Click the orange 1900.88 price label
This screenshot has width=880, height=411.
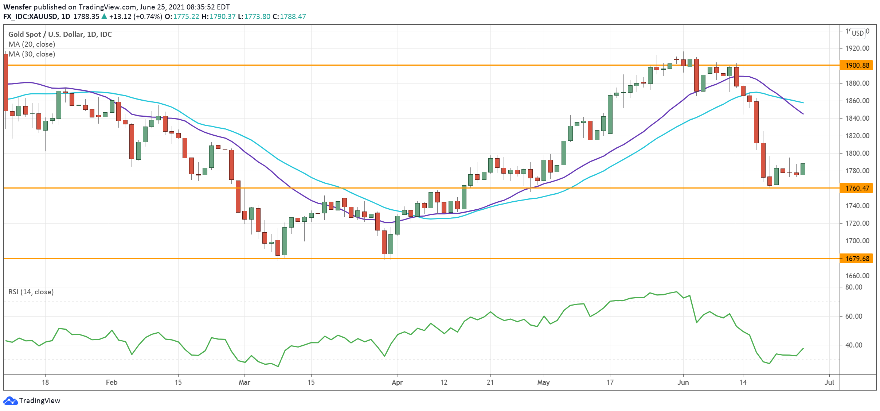(x=857, y=65)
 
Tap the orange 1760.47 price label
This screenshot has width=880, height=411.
(x=857, y=188)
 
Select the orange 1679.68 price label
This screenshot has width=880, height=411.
(x=857, y=259)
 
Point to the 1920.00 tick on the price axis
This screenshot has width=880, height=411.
(x=857, y=48)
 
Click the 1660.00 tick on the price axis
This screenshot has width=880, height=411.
(x=857, y=276)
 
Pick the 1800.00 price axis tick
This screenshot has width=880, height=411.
(x=857, y=153)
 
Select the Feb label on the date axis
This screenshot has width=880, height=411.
(x=112, y=382)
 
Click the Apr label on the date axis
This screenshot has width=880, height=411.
(x=397, y=382)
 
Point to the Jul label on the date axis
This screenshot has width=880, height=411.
(x=829, y=382)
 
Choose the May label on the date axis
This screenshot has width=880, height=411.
(x=543, y=382)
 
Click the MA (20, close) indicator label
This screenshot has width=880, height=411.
(x=32, y=44)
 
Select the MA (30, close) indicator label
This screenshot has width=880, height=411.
(x=32, y=54)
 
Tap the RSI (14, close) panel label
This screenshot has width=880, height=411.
(x=31, y=292)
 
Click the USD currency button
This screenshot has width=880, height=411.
(x=857, y=33)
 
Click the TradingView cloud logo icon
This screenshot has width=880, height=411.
(x=10, y=400)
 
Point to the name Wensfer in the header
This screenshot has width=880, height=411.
(x=17, y=7)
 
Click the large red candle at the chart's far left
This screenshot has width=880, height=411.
(x=5, y=82)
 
